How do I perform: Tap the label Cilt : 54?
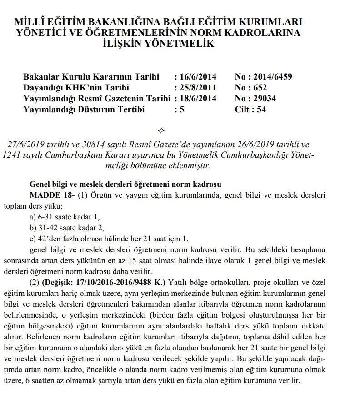coord(250,109)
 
